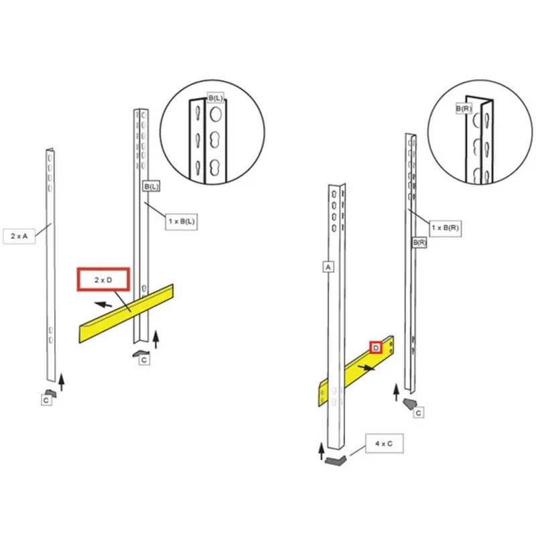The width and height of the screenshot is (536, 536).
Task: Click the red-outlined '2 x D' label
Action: pos(103,279)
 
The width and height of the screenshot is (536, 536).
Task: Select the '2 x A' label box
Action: pos(19,236)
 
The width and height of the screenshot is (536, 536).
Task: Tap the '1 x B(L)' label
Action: pos(182,222)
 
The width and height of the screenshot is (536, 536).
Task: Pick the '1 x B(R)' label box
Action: pos(445,228)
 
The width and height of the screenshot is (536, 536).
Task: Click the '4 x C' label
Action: pos(384,444)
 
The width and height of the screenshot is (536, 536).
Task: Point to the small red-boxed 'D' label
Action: pos(376,348)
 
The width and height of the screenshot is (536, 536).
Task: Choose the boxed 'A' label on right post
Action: pos(328,267)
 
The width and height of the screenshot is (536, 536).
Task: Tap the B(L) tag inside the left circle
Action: pos(215,98)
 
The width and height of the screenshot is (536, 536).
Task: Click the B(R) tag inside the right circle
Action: pos(464,109)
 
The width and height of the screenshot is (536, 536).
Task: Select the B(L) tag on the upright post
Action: pos(151,186)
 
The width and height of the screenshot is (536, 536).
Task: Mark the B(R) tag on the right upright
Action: pos(419,243)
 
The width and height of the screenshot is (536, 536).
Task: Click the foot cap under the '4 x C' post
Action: pos(336,461)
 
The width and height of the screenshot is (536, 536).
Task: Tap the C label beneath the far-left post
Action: pos(46,400)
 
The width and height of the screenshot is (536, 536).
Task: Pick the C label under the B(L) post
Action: pos(144,360)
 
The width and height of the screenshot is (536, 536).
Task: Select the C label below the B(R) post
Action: pos(418,413)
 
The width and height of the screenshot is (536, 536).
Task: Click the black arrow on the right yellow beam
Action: pos(366,368)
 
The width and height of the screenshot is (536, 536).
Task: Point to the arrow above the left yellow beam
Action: pos(103,304)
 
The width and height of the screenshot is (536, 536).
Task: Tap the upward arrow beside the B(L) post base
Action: pos(156,340)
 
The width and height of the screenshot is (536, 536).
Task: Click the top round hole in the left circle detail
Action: pos(216,115)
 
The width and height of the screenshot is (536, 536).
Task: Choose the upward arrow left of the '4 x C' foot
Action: pos(322,451)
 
